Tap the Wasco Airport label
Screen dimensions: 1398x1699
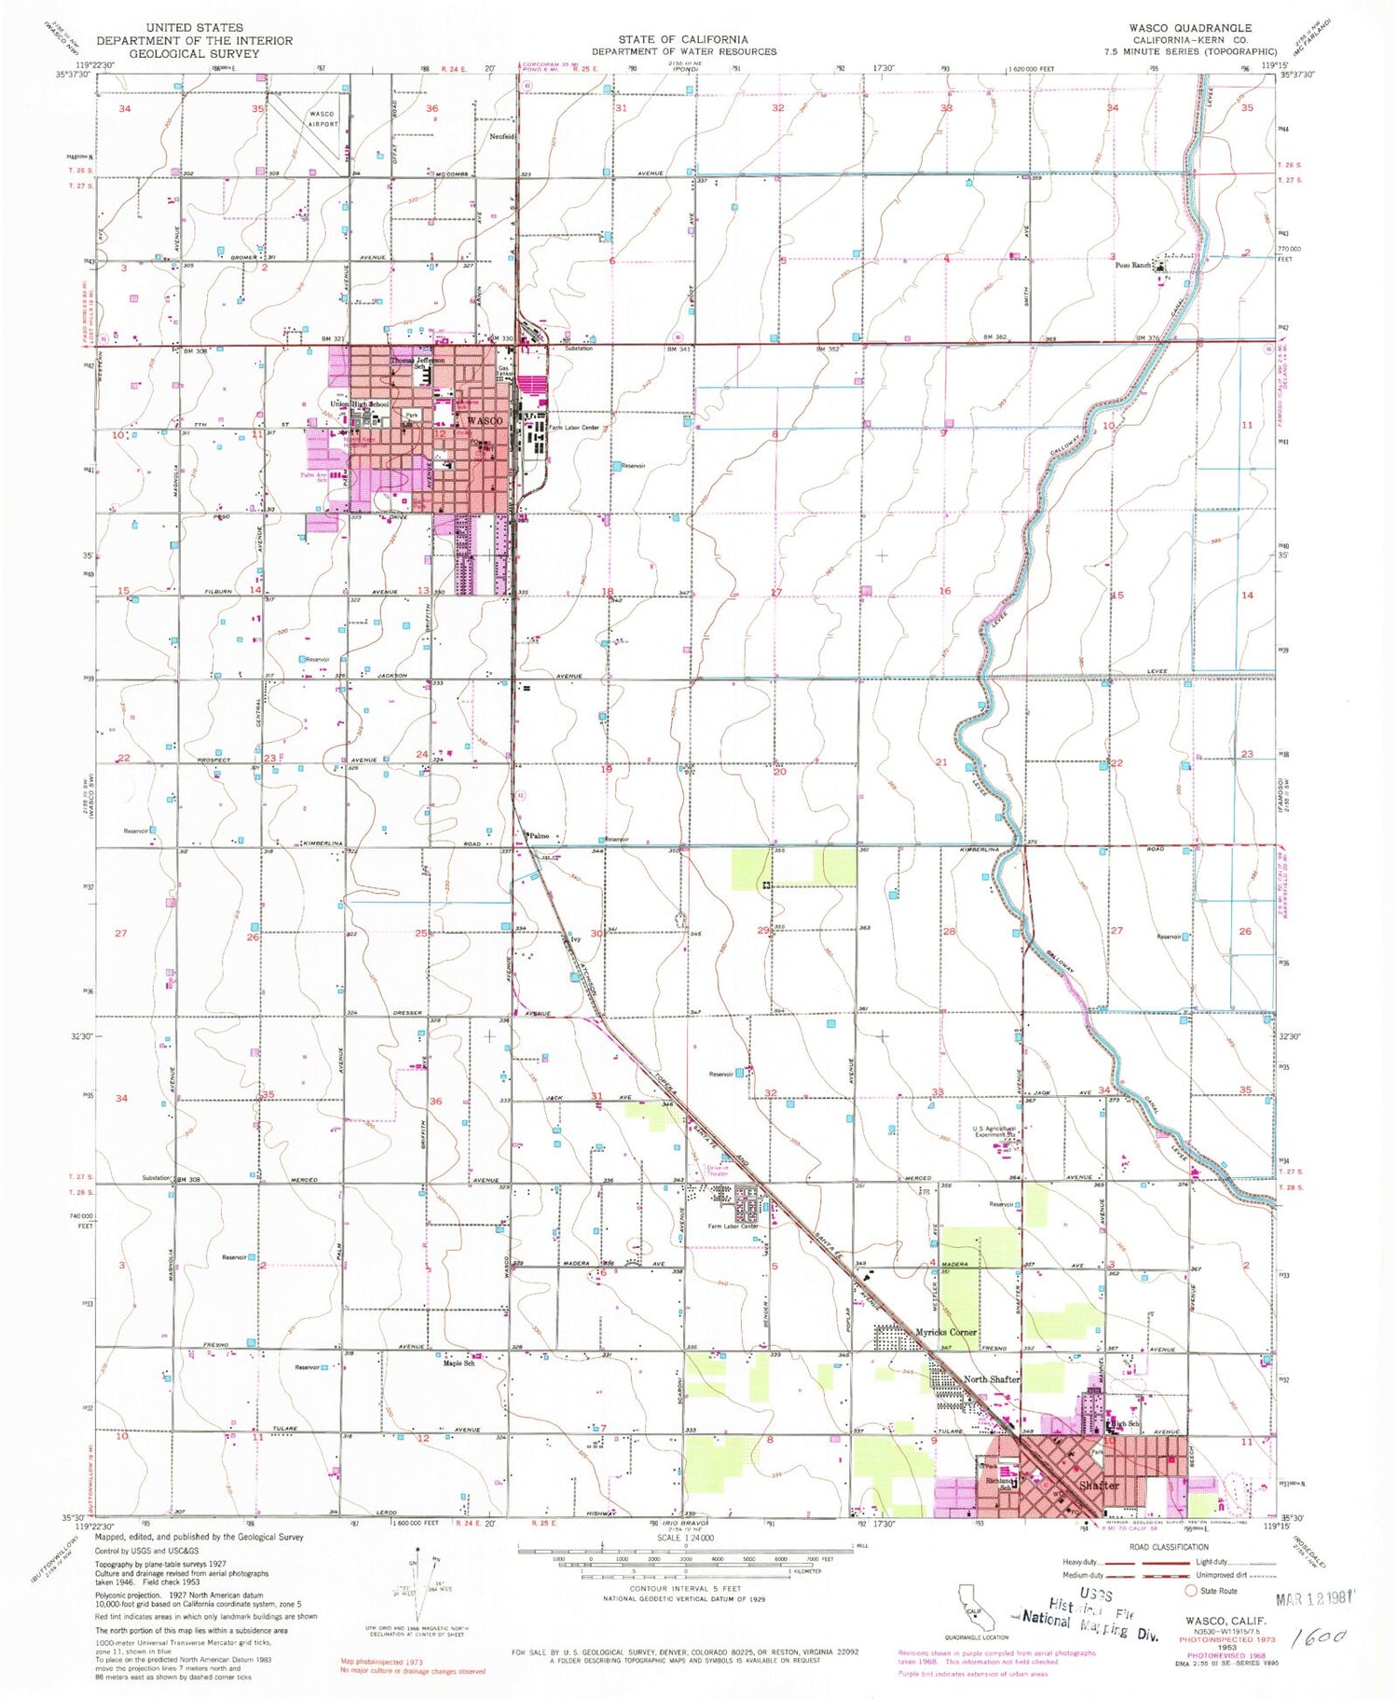tap(322, 118)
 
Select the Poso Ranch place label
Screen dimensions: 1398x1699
tap(1133, 265)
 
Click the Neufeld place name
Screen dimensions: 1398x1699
tap(503, 136)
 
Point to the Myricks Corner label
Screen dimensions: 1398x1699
tap(945, 1332)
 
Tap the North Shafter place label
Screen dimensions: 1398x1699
tap(991, 1379)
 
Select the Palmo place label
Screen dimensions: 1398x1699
tap(540, 836)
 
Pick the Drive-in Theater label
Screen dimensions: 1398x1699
tap(718, 1171)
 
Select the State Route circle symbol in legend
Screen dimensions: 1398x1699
tap(1190, 1590)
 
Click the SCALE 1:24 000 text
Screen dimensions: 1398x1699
tap(685, 1538)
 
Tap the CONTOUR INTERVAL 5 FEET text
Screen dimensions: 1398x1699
tap(685, 1589)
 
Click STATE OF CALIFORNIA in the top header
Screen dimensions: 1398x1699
tap(683, 40)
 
